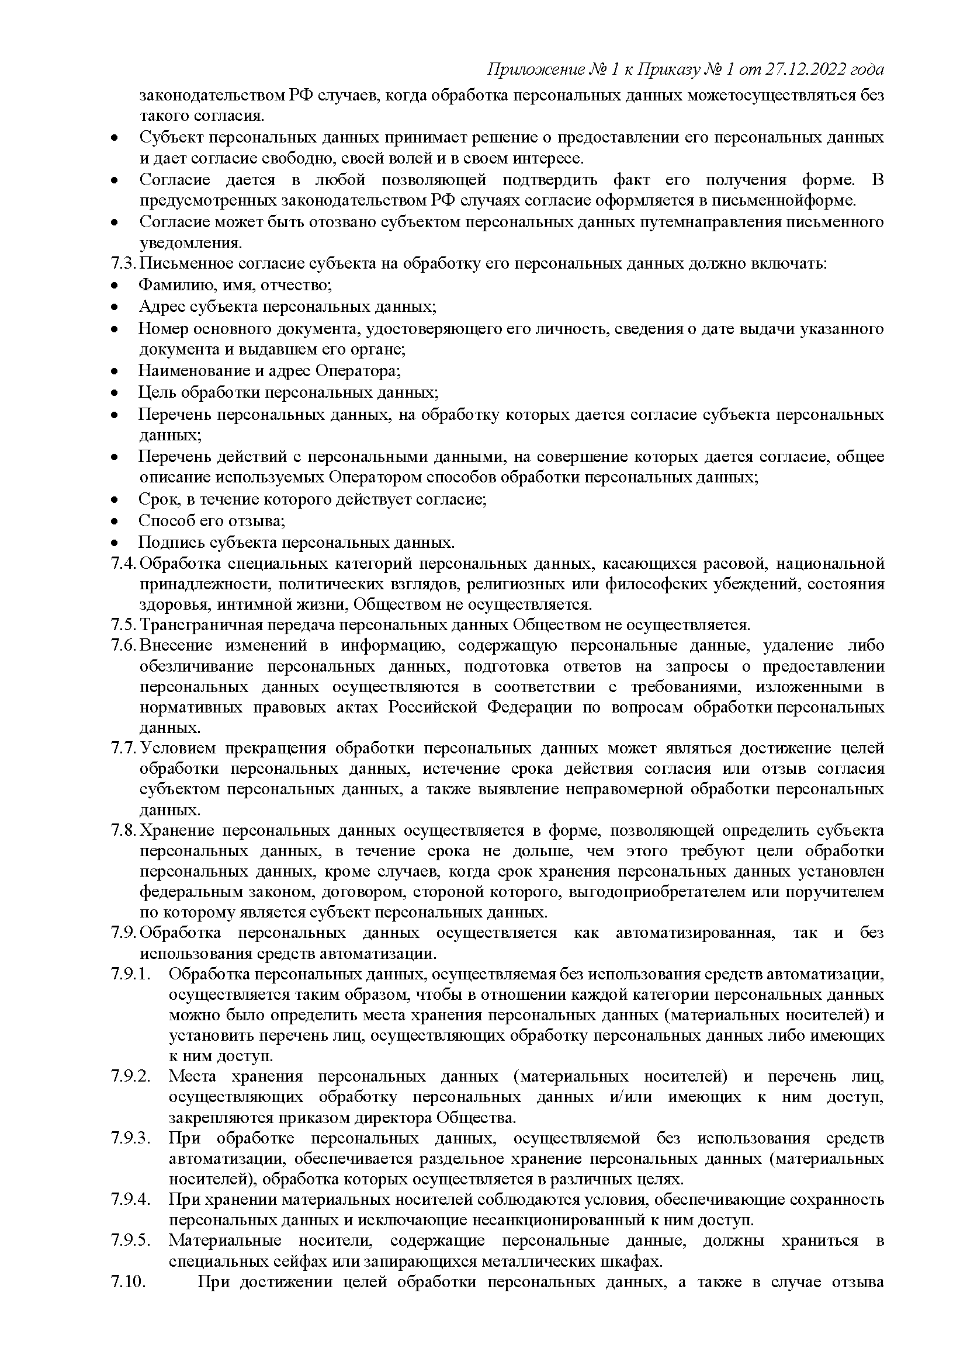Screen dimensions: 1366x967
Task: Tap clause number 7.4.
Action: [124, 563]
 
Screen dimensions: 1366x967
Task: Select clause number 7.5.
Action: [124, 625]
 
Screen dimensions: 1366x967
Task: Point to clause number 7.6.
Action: [124, 646]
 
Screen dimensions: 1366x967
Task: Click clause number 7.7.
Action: [124, 748]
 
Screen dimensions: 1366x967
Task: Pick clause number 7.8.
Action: [124, 831]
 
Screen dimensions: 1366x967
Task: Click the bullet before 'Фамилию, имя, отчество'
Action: [115, 286]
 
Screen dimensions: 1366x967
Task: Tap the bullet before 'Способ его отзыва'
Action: [115, 522]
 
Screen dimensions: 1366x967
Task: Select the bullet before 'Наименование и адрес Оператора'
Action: [115, 372]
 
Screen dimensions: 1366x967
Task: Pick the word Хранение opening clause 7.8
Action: [176, 831]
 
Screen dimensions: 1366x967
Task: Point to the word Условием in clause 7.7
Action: [176, 748]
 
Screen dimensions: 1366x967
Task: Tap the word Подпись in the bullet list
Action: [168, 543]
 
